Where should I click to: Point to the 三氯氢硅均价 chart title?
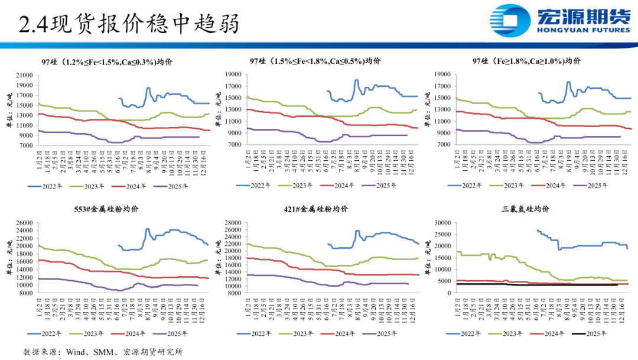click(x=525, y=209)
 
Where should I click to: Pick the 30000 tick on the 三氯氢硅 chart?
click(x=441, y=223)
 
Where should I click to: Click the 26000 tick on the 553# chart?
click(x=24, y=223)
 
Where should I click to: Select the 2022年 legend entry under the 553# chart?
click(x=47, y=334)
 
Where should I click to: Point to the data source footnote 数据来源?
click(x=103, y=352)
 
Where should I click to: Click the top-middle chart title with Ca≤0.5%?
click(x=315, y=61)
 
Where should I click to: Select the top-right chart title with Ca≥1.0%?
click(x=526, y=61)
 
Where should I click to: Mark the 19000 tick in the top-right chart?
click(x=441, y=74)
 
